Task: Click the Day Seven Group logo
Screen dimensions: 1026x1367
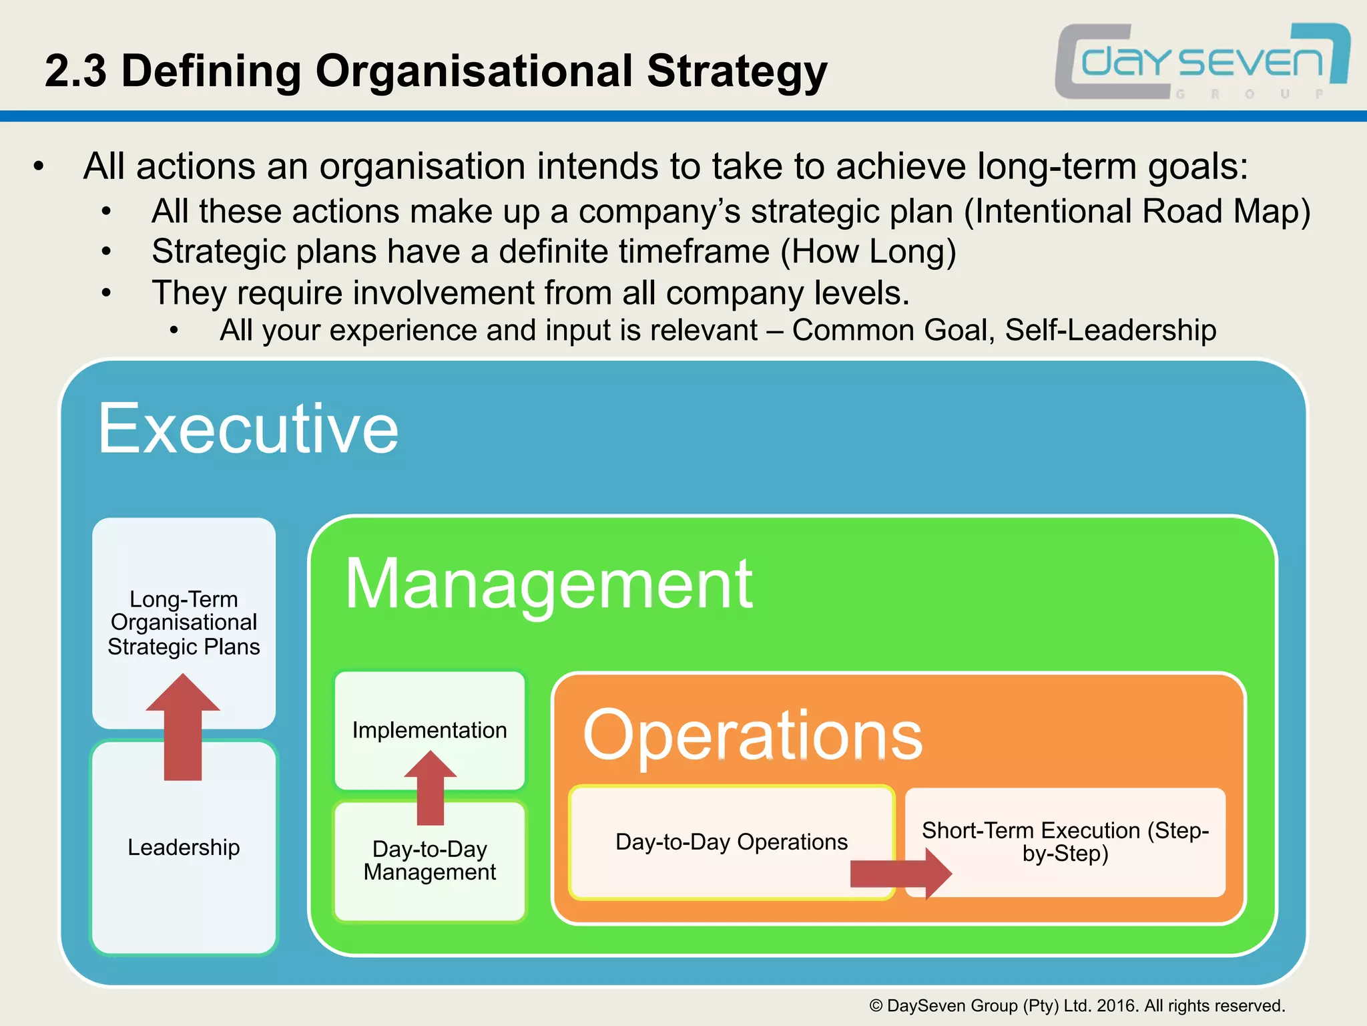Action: tap(1201, 62)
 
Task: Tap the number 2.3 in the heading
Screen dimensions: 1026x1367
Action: tap(75, 71)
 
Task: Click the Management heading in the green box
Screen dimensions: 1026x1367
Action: tap(549, 584)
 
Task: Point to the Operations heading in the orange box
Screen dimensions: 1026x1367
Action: tap(752, 735)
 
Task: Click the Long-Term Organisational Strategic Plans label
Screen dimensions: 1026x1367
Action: tap(184, 623)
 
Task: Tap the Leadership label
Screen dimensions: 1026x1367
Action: tap(184, 847)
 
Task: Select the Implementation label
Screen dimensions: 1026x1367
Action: tap(429, 730)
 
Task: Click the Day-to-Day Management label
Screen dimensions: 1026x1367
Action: tap(429, 860)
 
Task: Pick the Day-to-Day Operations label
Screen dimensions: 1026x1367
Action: tap(731, 842)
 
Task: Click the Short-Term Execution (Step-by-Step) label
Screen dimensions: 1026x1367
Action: tap(1065, 842)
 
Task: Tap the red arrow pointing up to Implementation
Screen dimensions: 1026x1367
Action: tap(431, 788)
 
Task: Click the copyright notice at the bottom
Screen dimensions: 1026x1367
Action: tap(1077, 1006)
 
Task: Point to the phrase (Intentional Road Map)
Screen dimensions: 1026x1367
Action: tap(1137, 212)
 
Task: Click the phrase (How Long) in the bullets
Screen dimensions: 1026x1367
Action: tap(868, 252)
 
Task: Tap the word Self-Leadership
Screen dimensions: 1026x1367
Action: tap(1110, 331)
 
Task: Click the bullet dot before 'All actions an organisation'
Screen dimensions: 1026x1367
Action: tap(39, 166)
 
